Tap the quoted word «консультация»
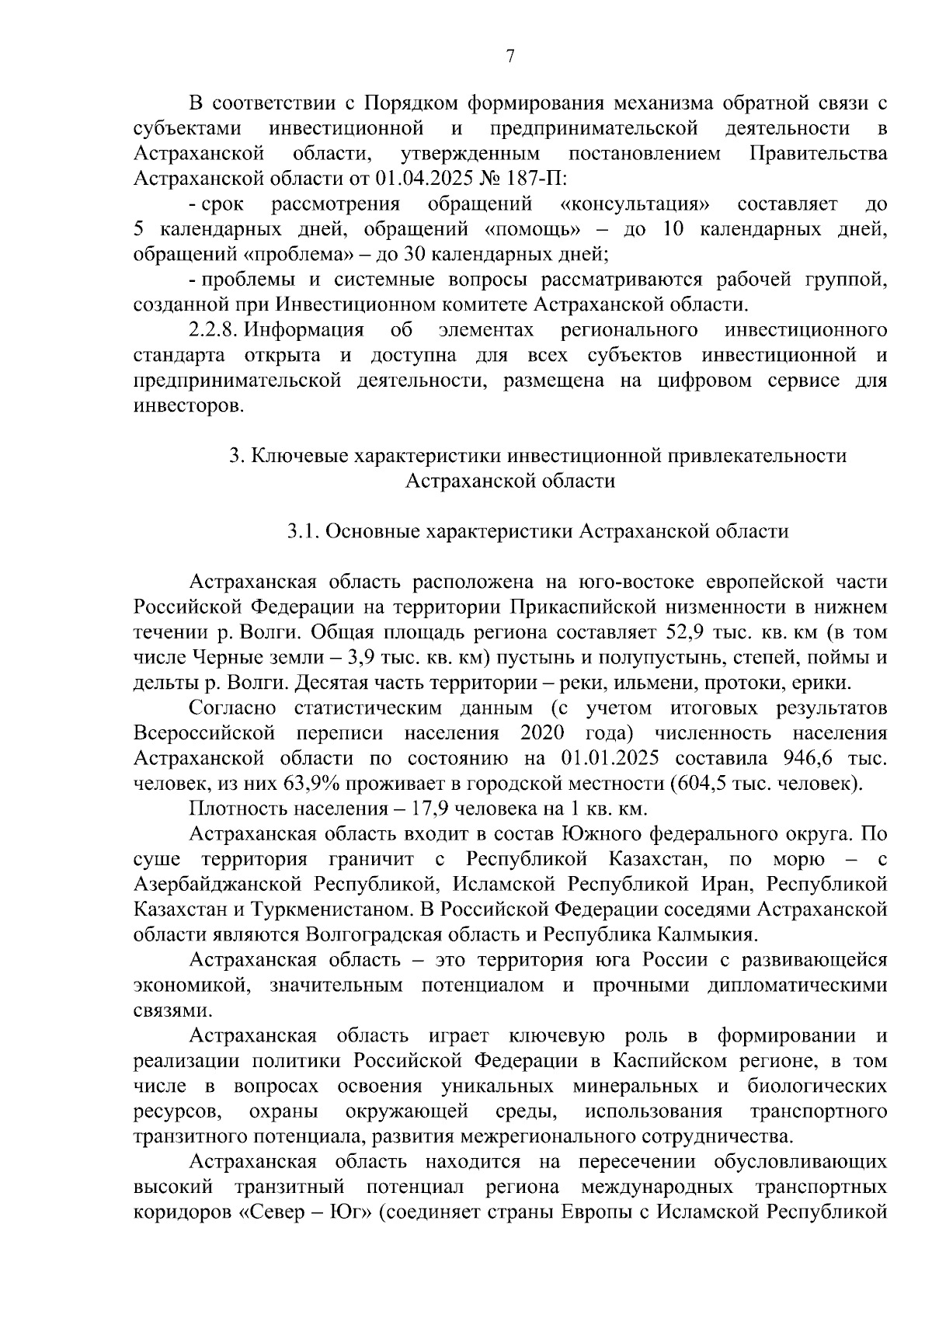635,204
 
